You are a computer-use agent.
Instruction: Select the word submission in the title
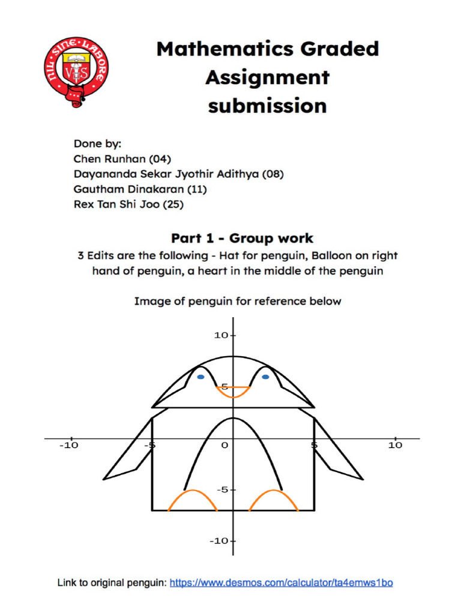(x=267, y=106)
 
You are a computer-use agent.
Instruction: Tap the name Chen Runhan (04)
(x=122, y=159)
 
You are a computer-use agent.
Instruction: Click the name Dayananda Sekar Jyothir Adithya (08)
(x=178, y=174)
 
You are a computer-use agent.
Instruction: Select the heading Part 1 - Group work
(x=242, y=238)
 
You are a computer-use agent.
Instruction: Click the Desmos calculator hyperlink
(x=282, y=583)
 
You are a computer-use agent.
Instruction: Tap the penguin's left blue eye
(x=200, y=377)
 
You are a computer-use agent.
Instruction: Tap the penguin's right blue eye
(x=265, y=377)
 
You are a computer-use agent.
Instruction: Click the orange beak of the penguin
(x=233, y=392)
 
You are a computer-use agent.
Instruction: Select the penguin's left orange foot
(x=192, y=500)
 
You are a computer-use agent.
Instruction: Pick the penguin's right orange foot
(x=274, y=500)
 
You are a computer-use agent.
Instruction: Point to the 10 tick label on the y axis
(x=220, y=335)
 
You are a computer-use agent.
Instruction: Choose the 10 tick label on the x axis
(x=395, y=445)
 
